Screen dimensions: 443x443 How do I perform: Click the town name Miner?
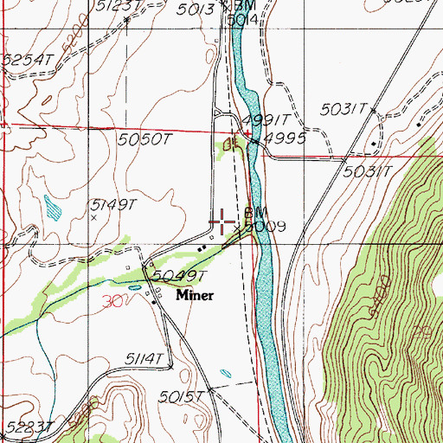pyautogui.click(x=196, y=295)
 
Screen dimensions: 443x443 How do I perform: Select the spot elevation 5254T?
pyautogui.click(x=27, y=60)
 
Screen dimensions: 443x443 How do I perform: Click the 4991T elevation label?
pyautogui.click(x=262, y=121)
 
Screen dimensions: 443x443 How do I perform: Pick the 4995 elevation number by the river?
pyautogui.click(x=286, y=138)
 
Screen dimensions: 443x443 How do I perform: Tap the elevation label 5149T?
pyautogui.click(x=114, y=205)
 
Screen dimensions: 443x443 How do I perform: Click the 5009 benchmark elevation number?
pyautogui.click(x=265, y=228)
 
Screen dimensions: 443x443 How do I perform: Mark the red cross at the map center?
pyautogui.click(x=221, y=221)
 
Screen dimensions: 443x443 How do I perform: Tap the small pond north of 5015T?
pyautogui.click(x=226, y=374)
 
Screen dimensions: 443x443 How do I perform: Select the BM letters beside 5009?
pyautogui.click(x=255, y=212)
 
